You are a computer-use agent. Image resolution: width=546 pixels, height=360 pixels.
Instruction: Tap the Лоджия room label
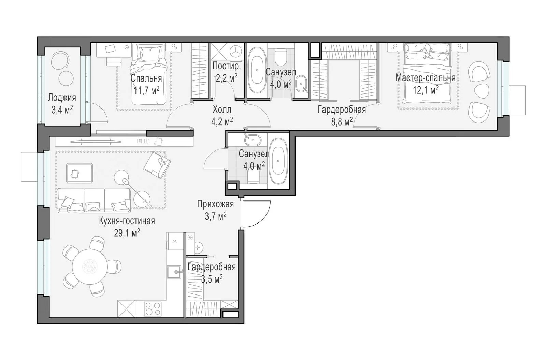pyautogui.click(x=62, y=98)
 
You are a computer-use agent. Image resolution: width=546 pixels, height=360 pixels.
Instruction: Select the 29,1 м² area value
pyautogui.click(x=127, y=233)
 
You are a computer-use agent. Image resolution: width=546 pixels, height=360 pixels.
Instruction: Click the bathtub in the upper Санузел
pyautogui.click(x=257, y=70)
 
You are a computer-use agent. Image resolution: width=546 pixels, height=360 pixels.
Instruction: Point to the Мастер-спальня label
pyautogui.click(x=425, y=78)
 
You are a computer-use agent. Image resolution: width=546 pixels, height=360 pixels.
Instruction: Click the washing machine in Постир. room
pyautogui.click(x=236, y=52)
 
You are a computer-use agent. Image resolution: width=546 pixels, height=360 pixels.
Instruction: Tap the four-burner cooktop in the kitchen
pyautogui.click(x=153, y=309)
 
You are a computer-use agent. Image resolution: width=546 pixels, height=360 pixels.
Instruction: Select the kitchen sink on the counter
pyautogui.click(x=175, y=272)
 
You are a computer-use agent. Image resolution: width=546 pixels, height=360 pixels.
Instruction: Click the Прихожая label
pyautogui.click(x=215, y=204)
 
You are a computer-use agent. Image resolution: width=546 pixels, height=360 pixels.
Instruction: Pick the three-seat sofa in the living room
pyautogui.click(x=94, y=200)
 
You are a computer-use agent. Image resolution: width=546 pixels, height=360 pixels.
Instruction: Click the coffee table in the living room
pyautogui.click(x=80, y=173)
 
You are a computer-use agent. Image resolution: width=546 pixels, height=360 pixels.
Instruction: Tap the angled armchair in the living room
pyautogui.click(x=157, y=165)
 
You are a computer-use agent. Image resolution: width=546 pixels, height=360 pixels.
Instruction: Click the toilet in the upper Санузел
pyautogui.click(x=279, y=56)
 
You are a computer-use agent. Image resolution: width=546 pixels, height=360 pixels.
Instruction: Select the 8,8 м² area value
pyautogui.click(x=342, y=121)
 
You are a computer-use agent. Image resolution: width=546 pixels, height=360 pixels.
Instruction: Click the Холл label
pyautogui.click(x=222, y=110)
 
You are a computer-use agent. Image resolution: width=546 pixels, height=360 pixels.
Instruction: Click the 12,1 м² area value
pyautogui.click(x=425, y=90)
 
